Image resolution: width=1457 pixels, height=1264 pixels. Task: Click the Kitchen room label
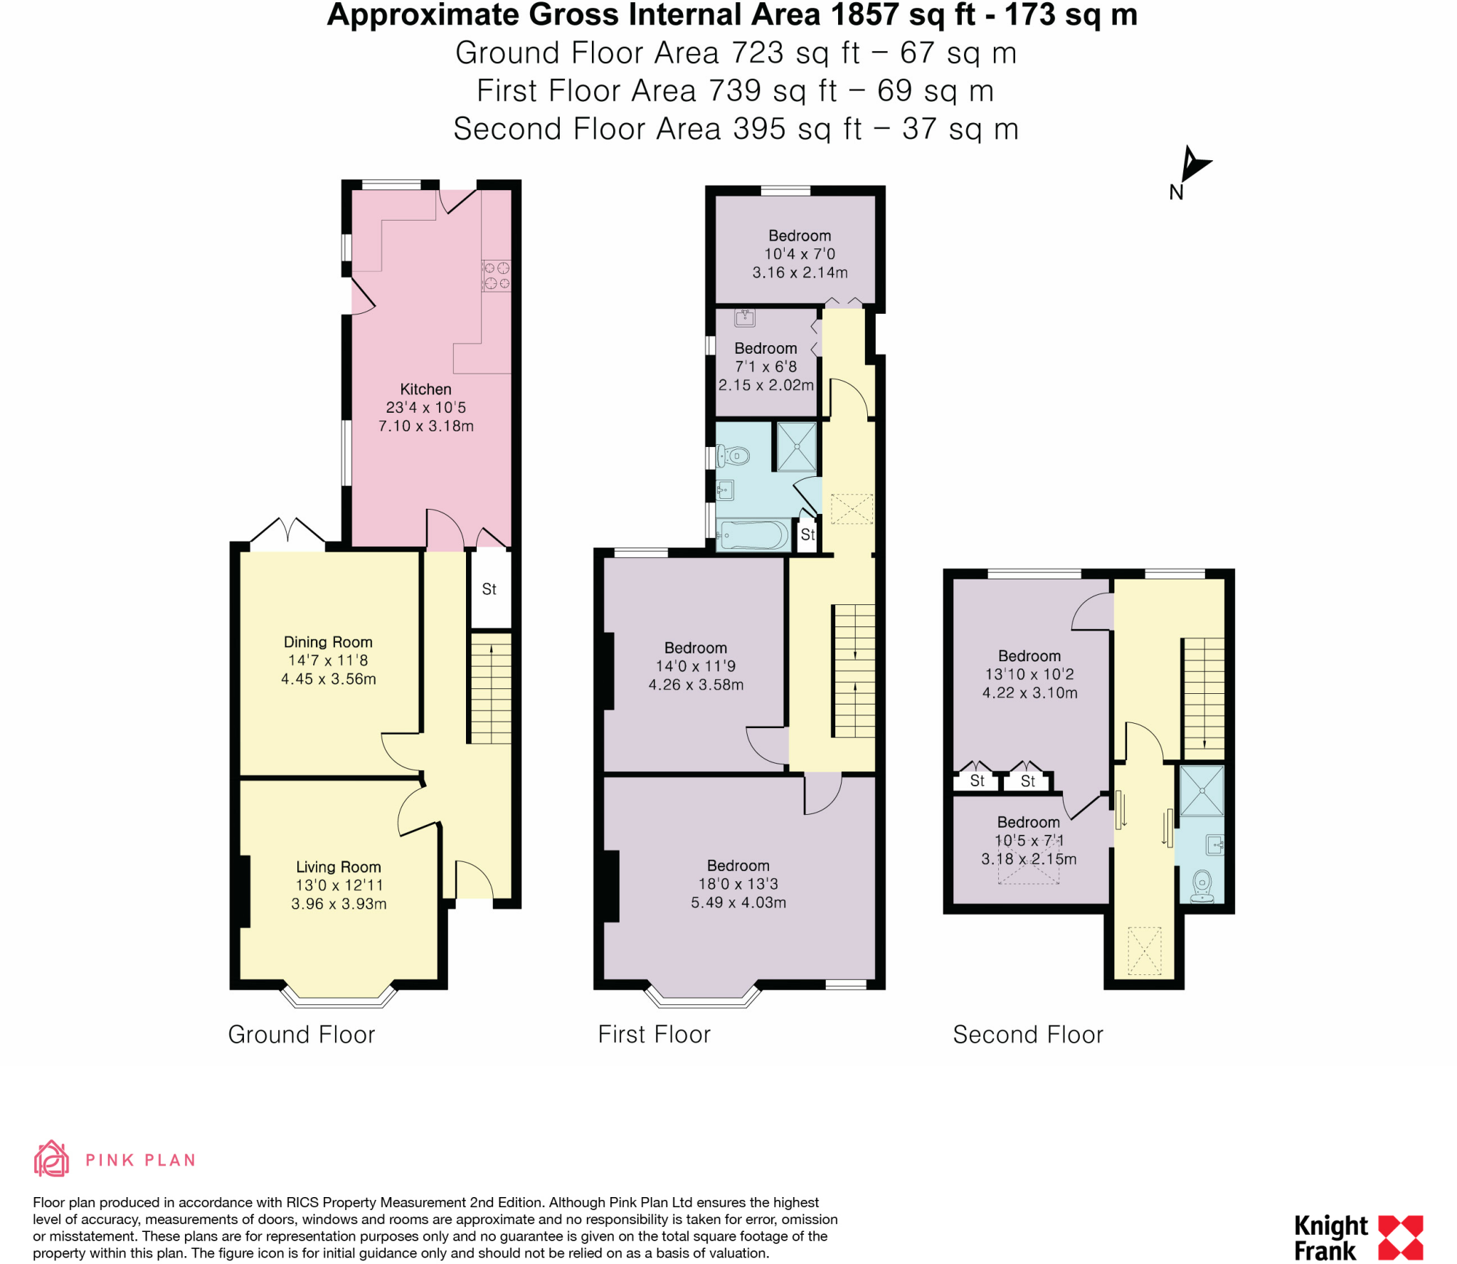(x=425, y=389)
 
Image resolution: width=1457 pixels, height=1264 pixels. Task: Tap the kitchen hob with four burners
(x=497, y=275)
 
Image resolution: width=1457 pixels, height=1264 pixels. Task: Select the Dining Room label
(x=328, y=642)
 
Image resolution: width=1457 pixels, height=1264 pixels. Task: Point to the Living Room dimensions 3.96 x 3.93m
(x=339, y=904)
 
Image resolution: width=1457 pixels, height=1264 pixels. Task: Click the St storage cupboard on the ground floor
(x=489, y=589)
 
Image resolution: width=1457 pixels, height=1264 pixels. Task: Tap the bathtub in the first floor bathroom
(x=754, y=535)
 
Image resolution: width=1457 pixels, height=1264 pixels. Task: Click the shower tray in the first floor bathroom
(x=797, y=447)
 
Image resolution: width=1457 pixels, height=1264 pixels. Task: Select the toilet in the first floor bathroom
(x=733, y=455)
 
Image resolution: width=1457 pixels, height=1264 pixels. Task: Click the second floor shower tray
(x=1202, y=790)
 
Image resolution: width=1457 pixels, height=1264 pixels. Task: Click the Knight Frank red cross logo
(x=1400, y=1238)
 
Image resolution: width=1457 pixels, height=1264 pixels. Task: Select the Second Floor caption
(x=1028, y=1034)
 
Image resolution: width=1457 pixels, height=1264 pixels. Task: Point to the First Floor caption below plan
(x=654, y=1034)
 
